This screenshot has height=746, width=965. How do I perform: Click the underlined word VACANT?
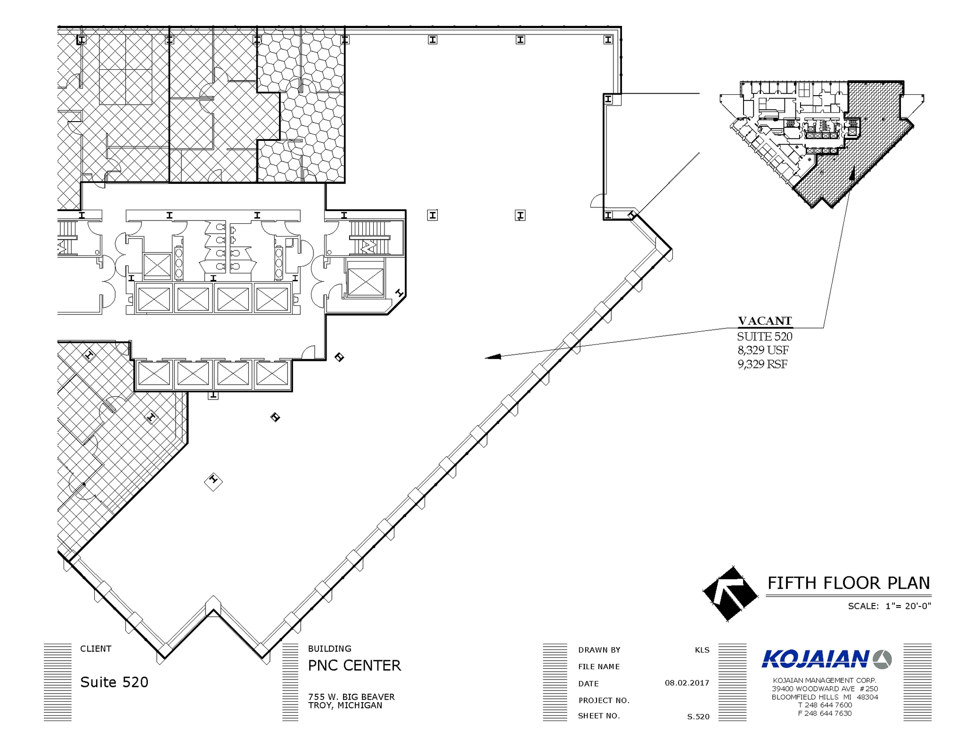click(x=765, y=321)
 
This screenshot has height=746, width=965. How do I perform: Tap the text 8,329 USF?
click(x=763, y=350)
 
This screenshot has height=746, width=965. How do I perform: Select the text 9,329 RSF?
click(x=762, y=364)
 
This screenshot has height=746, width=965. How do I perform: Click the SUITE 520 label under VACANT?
click(x=764, y=336)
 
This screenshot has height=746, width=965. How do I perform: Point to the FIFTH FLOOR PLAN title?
click(x=848, y=583)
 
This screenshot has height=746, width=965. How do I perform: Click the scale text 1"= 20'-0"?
click(x=908, y=606)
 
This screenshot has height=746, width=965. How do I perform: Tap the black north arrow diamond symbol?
click(x=730, y=594)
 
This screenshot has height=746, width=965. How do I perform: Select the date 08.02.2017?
click(x=687, y=683)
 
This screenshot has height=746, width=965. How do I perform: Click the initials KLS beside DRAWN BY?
click(x=702, y=650)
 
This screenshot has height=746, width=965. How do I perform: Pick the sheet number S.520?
click(x=698, y=717)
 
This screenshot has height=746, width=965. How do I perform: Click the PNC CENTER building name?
click(x=354, y=665)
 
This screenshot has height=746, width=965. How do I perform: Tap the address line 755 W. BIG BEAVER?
click(x=351, y=697)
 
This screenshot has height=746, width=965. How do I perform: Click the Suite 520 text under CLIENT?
click(x=114, y=682)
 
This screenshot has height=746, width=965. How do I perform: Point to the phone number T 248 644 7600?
click(x=825, y=705)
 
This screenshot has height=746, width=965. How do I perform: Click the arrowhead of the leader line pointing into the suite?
click(x=493, y=357)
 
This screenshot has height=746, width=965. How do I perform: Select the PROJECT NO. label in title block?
click(x=604, y=700)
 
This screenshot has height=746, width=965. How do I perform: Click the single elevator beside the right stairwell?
click(x=366, y=282)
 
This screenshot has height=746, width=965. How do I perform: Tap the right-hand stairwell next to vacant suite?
click(x=368, y=238)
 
